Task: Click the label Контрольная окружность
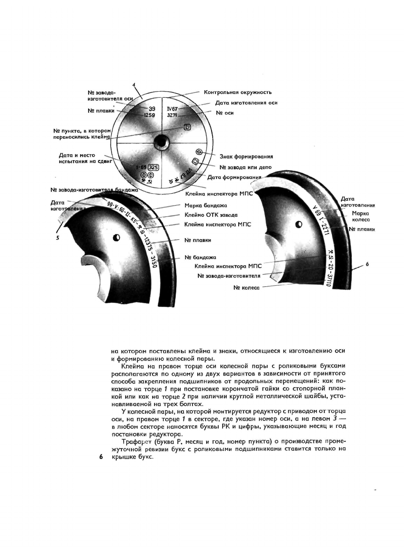coord(237,92)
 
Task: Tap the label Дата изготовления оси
coord(246,103)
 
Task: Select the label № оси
coord(225,113)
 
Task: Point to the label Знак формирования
coord(246,157)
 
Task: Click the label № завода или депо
coord(246,167)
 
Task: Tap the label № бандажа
coord(200,257)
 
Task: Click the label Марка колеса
coord(360,216)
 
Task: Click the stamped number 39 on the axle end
coord(152,109)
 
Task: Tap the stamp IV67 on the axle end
coord(172,109)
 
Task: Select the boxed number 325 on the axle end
coord(153,168)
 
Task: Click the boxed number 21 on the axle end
coord(187,127)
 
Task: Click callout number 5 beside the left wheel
coord(58,238)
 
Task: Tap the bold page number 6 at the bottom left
coord(101,457)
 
